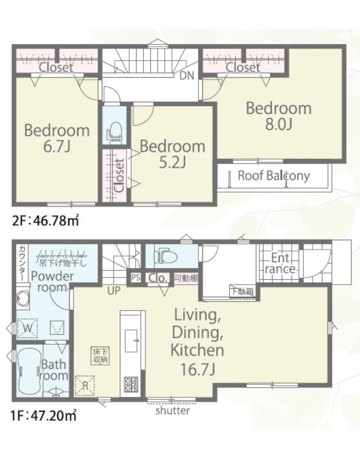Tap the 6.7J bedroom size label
[x=57, y=147]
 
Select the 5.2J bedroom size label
[x=172, y=163]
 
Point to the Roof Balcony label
[x=273, y=176]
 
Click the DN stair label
[x=187, y=76]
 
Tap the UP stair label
[x=114, y=290]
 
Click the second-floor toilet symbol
[x=114, y=132]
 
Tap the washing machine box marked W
[x=28, y=328]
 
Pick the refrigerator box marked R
[x=85, y=385]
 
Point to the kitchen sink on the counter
[x=132, y=340]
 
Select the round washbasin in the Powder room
[x=23, y=299]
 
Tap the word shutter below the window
[x=172, y=410]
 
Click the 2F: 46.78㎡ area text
[x=45, y=220]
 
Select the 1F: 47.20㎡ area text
[x=44, y=415]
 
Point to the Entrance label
[x=280, y=263]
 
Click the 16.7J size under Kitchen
[x=198, y=369]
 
